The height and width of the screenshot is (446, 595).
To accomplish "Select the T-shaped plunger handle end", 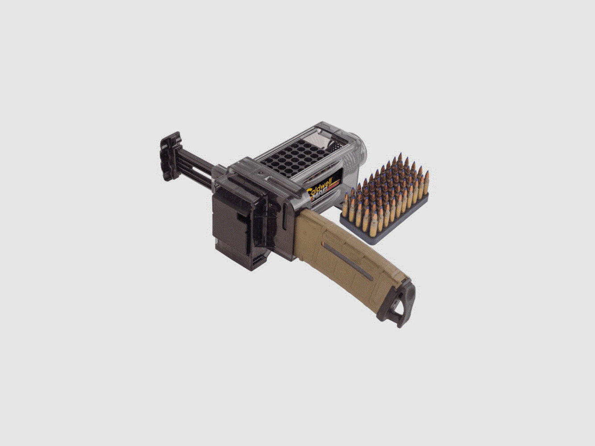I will tap(170, 156).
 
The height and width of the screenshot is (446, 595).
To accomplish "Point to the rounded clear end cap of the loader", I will tap(359, 149).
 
